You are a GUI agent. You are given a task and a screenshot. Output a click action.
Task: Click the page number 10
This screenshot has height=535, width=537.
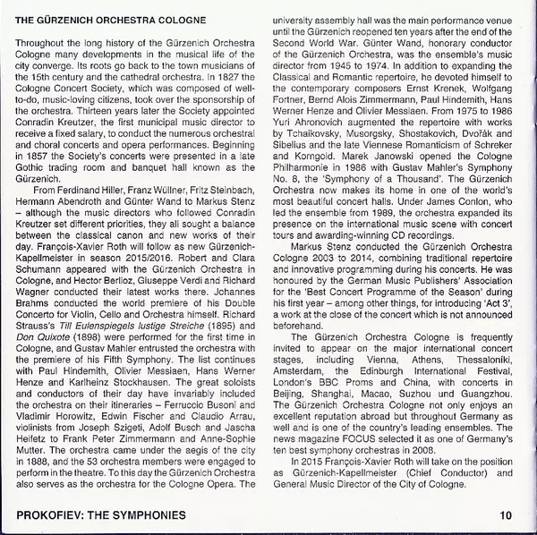506,514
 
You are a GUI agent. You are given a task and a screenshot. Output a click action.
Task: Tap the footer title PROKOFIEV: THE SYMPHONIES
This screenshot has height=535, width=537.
101,514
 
